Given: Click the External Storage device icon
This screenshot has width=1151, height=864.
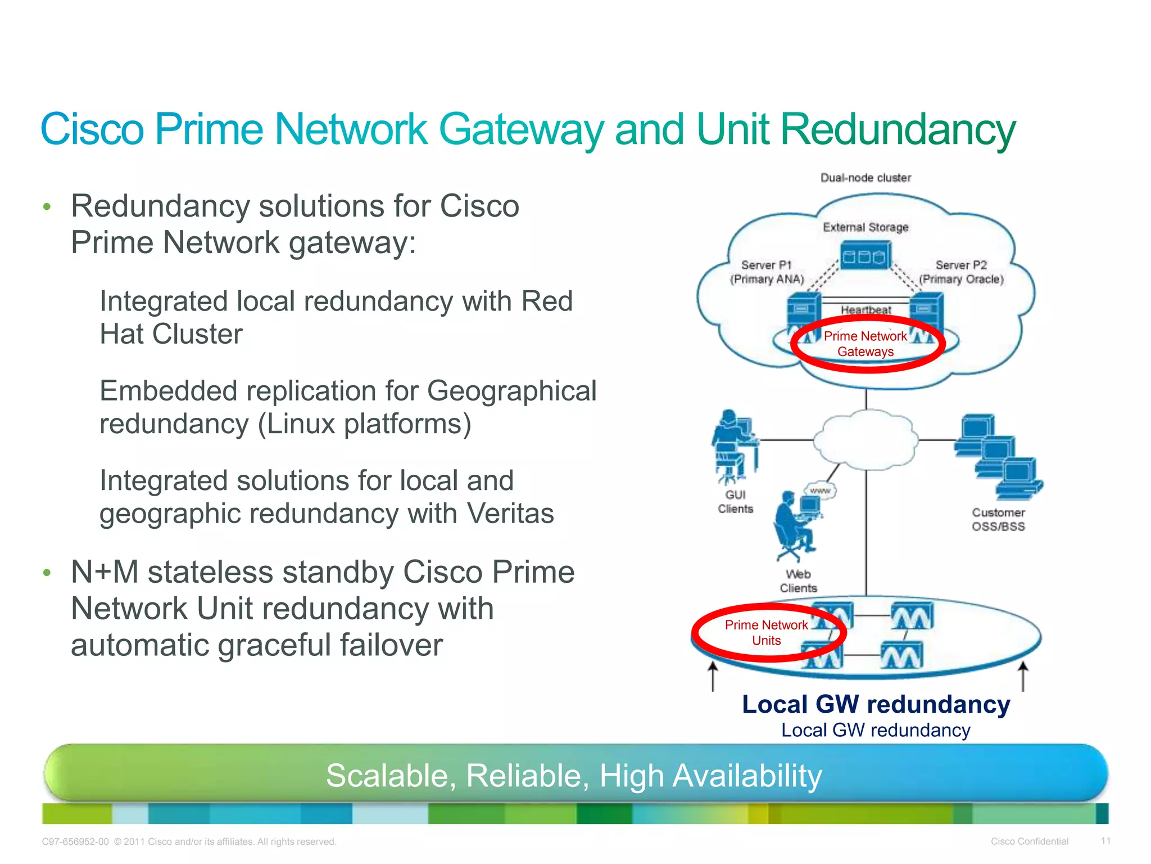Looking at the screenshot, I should [x=865, y=256].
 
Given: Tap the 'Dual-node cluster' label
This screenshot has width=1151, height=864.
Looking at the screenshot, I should [x=865, y=178].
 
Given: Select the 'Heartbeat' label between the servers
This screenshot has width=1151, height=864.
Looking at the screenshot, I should [x=865, y=310].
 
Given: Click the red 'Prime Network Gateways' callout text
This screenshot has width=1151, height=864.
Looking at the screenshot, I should [x=865, y=344].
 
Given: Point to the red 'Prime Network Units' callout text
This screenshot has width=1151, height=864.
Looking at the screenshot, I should [x=766, y=633].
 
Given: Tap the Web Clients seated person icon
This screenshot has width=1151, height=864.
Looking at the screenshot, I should [x=795, y=526].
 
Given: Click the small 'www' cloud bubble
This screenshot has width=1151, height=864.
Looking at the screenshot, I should [x=820, y=490].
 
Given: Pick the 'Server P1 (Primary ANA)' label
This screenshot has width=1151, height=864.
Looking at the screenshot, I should [x=767, y=272].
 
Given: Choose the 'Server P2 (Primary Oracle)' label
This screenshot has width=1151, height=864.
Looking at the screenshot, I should [x=961, y=272].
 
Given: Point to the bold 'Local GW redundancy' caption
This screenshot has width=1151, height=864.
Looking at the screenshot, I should [x=876, y=704].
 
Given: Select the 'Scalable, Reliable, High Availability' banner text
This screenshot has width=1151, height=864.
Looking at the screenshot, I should [x=574, y=776].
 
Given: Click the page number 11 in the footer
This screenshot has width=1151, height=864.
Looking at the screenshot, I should [x=1105, y=841].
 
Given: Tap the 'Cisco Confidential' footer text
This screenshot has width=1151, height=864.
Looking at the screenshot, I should [x=1029, y=841].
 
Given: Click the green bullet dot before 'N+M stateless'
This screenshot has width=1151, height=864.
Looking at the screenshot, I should [x=47, y=573].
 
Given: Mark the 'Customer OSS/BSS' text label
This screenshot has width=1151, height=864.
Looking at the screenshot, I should [x=998, y=520].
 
